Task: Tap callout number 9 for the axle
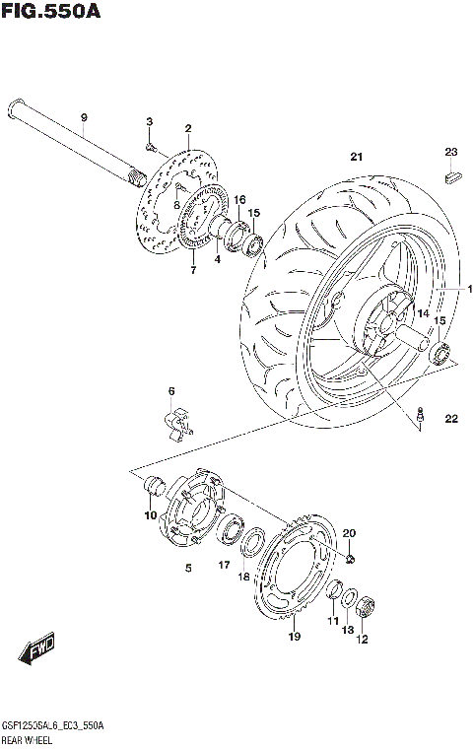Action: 84,118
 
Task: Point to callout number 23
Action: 451,152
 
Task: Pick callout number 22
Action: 451,420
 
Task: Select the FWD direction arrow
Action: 38,651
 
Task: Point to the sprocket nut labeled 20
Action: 351,560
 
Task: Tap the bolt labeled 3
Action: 150,148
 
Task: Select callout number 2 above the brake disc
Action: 187,128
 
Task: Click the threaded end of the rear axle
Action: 134,178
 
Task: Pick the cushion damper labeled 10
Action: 153,486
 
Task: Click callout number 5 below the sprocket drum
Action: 187,568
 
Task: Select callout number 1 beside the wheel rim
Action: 470,289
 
